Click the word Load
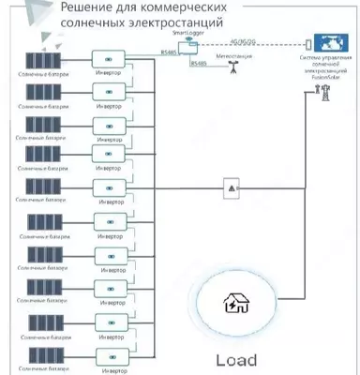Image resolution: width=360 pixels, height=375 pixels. pyautogui.click(x=235, y=359)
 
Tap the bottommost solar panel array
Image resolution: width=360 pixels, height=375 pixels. pyautogui.click(x=43, y=352)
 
